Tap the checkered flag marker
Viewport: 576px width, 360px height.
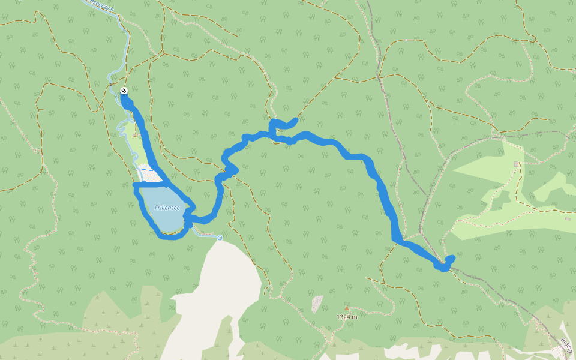(x=124, y=91)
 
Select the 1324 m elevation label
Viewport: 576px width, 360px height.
(x=347, y=316)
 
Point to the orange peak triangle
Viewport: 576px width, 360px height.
(x=346, y=308)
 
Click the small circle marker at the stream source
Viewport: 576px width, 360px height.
(x=220, y=238)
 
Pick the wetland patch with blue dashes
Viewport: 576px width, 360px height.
(x=148, y=173)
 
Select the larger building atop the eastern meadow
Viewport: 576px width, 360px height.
(x=516, y=164)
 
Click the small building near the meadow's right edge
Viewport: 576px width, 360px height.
(x=567, y=219)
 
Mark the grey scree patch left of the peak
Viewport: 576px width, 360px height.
(x=316, y=304)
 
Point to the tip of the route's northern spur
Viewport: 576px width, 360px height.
(x=295, y=121)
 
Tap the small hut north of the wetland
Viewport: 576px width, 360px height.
(x=133, y=135)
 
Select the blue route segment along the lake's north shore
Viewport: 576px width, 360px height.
(x=150, y=185)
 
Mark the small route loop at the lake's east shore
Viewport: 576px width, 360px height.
(x=189, y=216)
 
